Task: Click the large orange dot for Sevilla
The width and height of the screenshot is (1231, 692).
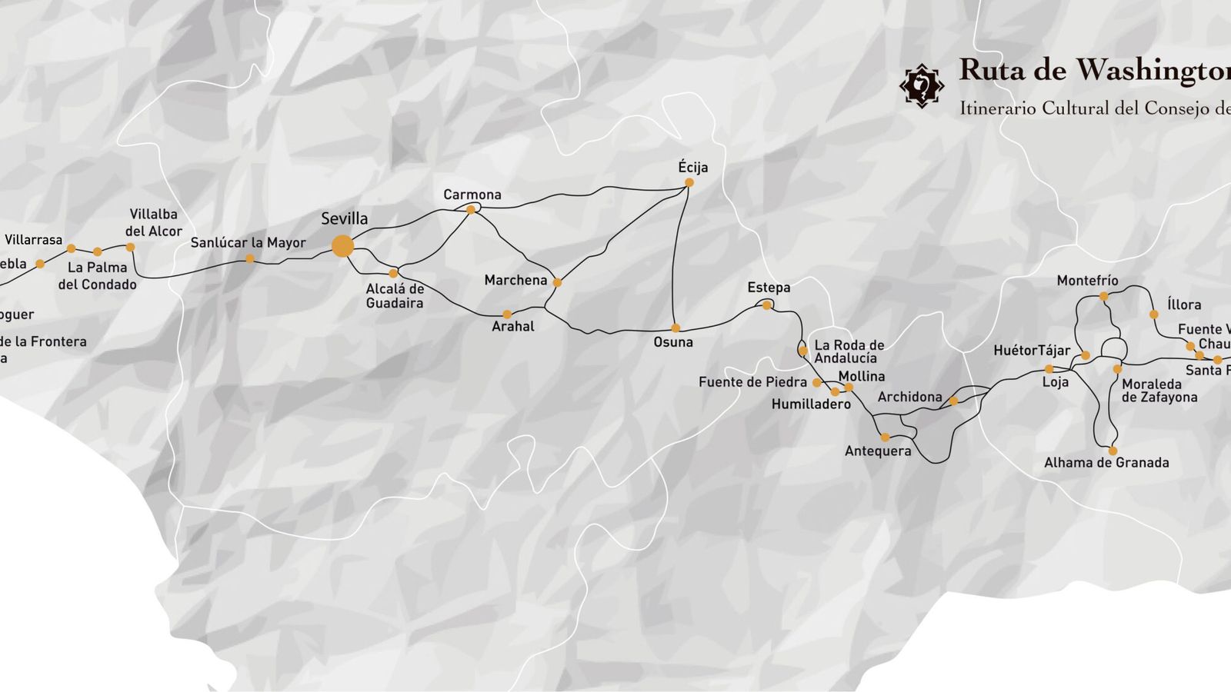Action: (342, 246)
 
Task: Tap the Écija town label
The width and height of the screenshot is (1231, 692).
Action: (692, 167)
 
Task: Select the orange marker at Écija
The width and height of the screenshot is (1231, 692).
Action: (689, 182)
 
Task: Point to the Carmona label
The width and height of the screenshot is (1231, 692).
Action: (472, 195)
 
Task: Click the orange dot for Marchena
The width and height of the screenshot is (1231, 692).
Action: (557, 282)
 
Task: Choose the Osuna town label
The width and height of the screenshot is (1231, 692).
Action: (673, 342)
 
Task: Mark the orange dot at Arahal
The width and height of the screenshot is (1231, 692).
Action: (506, 314)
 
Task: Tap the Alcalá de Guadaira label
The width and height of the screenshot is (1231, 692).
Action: (395, 296)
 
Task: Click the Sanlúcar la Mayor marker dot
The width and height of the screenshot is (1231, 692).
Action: (249, 258)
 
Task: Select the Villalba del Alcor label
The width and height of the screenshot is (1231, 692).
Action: (153, 222)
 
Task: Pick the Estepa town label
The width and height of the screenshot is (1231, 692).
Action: (769, 288)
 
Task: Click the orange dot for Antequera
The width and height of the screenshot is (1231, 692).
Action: (885, 437)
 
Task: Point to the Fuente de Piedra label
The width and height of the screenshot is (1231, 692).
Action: (752, 382)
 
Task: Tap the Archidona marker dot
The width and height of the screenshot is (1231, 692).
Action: (953, 401)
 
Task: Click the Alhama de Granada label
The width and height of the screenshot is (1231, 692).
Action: (1106, 463)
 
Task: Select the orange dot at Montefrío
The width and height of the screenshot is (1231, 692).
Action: (1103, 296)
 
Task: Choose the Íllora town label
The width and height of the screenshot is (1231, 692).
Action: (1183, 304)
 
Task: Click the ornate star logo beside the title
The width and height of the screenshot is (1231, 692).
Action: (921, 85)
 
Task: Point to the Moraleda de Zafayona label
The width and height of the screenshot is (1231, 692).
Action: (1159, 391)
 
